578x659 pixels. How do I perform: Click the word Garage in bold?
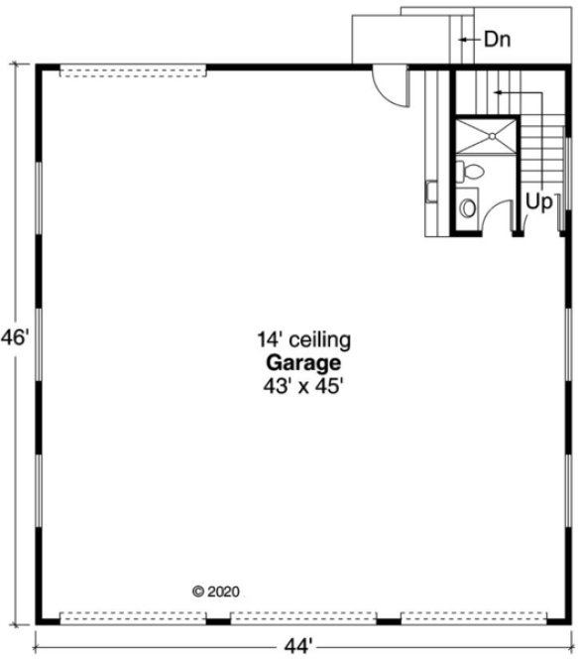(x=304, y=364)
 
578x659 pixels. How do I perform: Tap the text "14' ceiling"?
(x=304, y=341)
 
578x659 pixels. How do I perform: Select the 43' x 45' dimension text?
(x=304, y=386)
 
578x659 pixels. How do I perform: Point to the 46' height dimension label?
(x=14, y=336)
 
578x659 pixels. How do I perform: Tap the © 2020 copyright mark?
(x=215, y=591)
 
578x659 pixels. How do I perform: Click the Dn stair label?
(x=497, y=40)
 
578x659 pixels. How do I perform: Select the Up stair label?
(x=538, y=201)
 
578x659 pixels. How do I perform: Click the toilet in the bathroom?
(x=472, y=173)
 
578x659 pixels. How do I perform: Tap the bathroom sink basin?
(x=468, y=208)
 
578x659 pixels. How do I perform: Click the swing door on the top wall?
(x=392, y=85)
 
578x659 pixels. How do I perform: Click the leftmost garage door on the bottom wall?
(x=133, y=617)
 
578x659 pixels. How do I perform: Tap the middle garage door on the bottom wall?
(x=303, y=617)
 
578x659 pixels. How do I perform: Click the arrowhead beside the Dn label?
(x=463, y=40)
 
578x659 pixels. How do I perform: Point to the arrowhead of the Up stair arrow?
(x=497, y=92)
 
